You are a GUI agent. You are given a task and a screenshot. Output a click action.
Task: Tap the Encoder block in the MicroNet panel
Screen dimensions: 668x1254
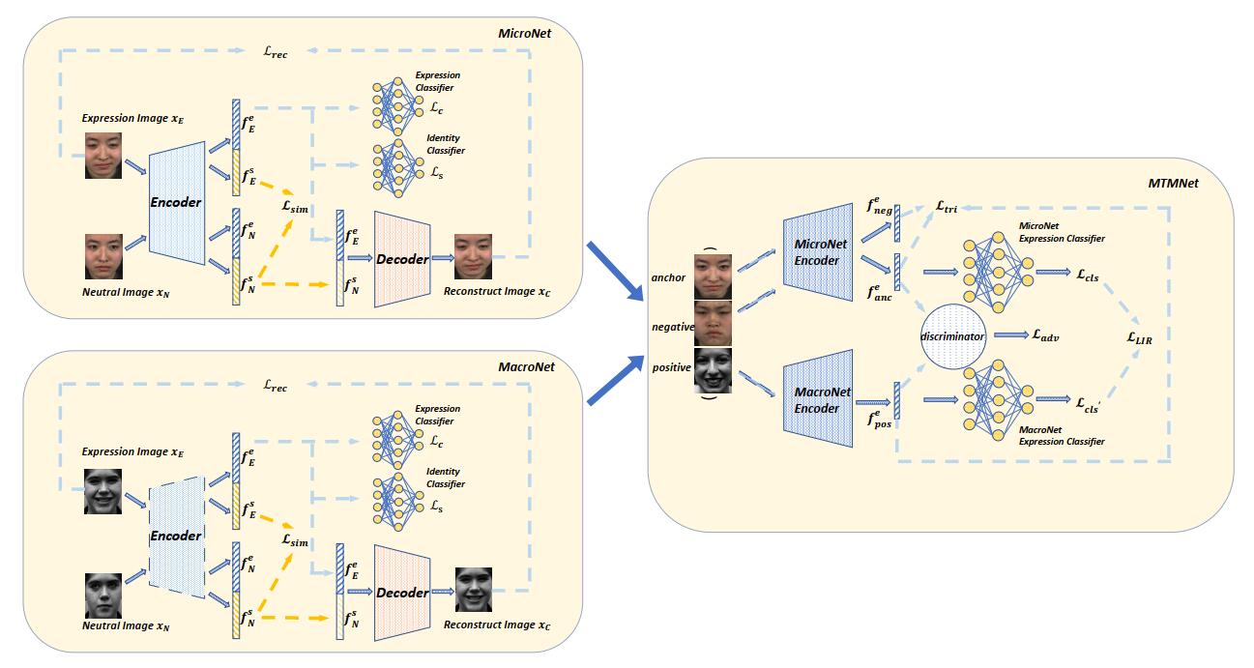(x=176, y=202)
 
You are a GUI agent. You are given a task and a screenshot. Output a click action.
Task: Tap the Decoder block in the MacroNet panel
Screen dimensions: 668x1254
(x=402, y=592)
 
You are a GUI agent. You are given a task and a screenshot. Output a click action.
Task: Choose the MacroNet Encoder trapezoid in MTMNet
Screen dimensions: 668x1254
(x=818, y=399)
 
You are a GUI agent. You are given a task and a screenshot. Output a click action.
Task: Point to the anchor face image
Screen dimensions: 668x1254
(x=713, y=276)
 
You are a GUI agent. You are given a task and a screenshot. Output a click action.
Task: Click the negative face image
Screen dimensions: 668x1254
(x=713, y=324)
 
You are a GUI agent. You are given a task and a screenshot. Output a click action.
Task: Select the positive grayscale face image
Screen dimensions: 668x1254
(x=713, y=370)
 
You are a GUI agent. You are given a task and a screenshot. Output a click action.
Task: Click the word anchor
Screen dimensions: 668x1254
(x=669, y=277)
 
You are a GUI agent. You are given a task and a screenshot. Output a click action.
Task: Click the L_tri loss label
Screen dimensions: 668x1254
(x=946, y=207)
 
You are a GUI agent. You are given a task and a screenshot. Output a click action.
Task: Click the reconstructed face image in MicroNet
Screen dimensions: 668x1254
(x=474, y=255)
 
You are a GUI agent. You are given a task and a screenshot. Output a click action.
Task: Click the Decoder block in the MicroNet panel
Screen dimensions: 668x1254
(x=402, y=259)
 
